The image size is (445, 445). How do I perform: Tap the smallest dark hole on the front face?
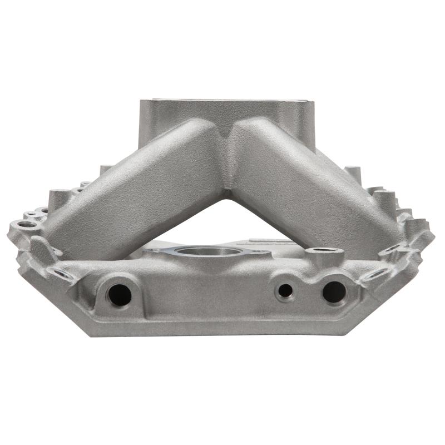285,290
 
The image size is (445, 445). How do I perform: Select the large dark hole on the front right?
334,291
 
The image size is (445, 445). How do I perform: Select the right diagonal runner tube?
311,184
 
